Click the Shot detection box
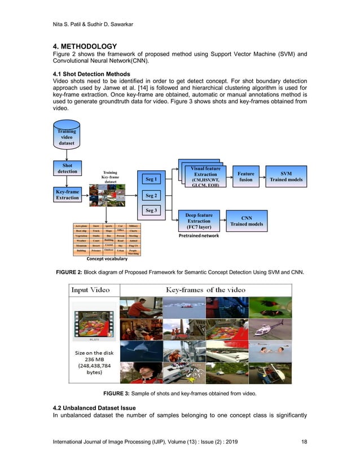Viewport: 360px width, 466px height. (67, 168)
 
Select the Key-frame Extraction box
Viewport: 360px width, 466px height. (67, 195)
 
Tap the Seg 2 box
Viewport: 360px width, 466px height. (151, 196)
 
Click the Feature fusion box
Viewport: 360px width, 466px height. (245, 177)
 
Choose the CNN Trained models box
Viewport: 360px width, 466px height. (247, 221)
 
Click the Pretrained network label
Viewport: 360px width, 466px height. (198, 235)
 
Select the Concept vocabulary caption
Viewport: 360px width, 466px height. (107, 260)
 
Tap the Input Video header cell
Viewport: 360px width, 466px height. (92, 290)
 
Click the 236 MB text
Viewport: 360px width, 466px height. (91, 362)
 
